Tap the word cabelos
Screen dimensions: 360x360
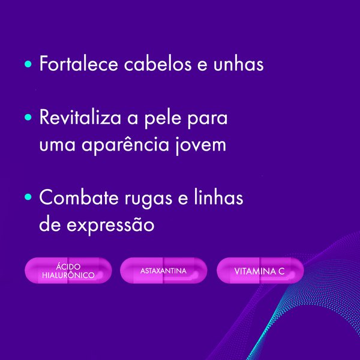coord(154,64)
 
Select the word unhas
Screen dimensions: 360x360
coord(237,64)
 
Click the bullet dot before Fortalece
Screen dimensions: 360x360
coord(28,64)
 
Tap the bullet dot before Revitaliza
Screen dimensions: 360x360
coord(28,117)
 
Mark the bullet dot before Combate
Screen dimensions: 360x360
coord(28,197)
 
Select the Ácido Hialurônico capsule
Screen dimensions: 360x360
coord(68,271)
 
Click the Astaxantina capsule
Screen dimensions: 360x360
coord(163,271)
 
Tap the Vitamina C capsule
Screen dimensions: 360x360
coord(259,271)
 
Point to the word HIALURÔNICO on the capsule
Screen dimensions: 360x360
coord(68,276)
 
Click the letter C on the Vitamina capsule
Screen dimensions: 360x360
coord(281,272)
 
